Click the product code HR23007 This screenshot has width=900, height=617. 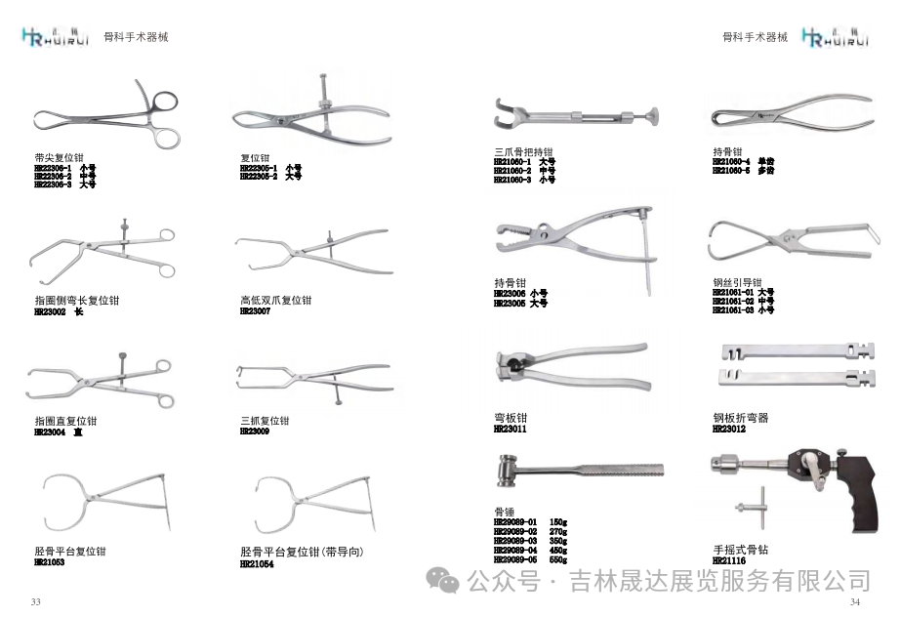tap(255, 311)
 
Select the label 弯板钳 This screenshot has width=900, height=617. tap(511, 418)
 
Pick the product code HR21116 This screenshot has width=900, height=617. tap(728, 561)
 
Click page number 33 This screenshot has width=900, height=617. tap(36, 601)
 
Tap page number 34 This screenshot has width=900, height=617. tap(855, 601)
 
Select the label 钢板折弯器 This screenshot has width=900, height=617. tap(741, 418)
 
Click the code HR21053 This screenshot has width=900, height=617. tap(49, 563)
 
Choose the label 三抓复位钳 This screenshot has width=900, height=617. tap(265, 421)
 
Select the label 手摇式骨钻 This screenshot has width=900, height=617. tap(741, 551)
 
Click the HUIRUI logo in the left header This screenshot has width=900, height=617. tap(57, 37)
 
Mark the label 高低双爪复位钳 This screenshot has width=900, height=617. tap(276, 301)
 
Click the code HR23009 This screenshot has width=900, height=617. tap(255, 432)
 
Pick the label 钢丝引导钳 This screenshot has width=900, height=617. tap(737, 282)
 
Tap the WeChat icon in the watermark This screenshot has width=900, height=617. tap(446, 582)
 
